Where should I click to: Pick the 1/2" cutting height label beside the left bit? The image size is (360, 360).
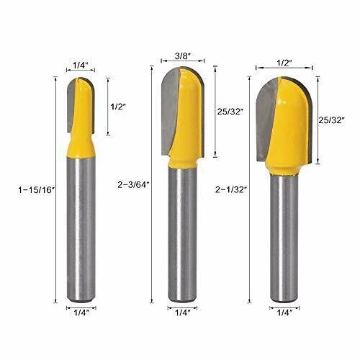pos(119,106)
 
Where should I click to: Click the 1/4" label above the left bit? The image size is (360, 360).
pos(81,66)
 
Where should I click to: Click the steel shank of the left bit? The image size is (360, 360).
pos(81,230)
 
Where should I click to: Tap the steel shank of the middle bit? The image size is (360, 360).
pos(183,238)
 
